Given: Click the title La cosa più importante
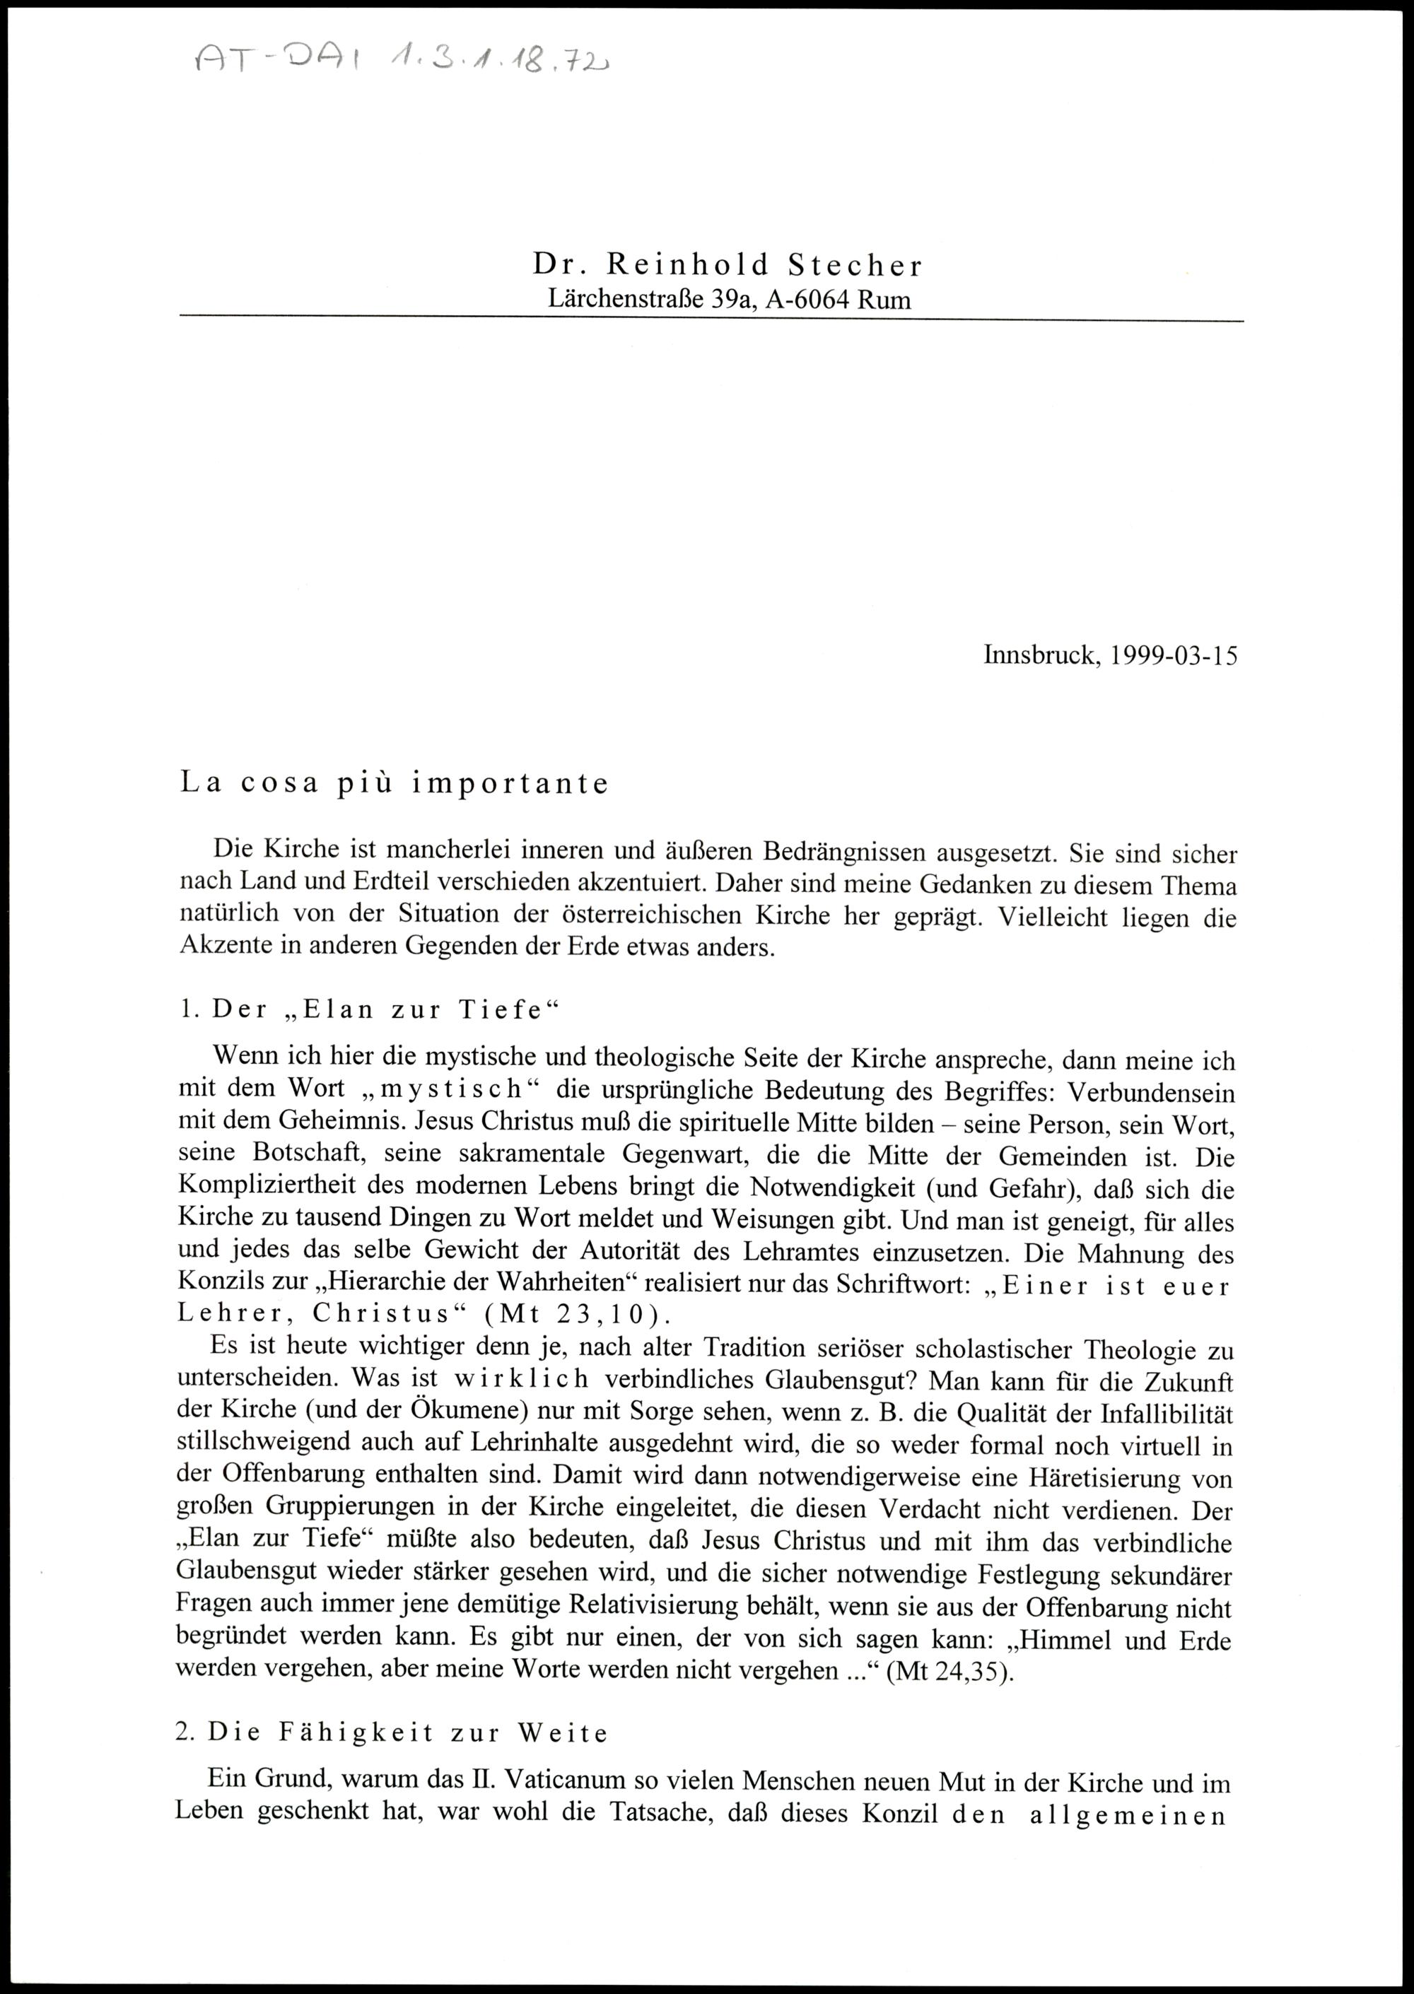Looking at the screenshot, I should click(x=394, y=783).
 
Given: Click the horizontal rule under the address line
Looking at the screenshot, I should click(x=711, y=322).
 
